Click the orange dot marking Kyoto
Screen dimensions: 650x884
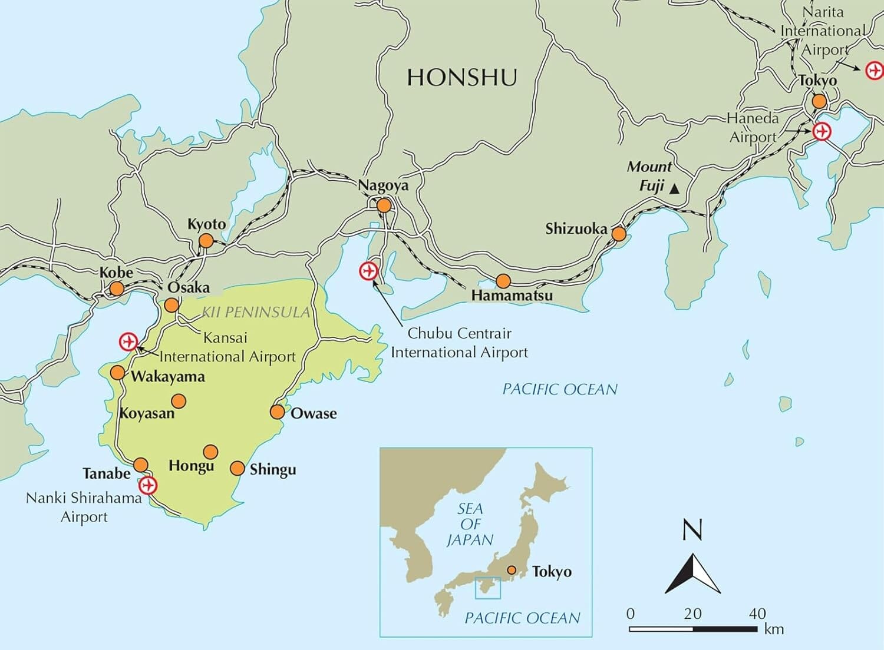(x=206, y=241)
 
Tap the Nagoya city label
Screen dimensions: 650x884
(x=383, y=185)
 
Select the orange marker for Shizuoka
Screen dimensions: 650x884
(x=618, y=234)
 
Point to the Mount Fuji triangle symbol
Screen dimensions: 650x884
(x=675, y=189)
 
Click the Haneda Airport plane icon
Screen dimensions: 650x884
(x=821, y=131)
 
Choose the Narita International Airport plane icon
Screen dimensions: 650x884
(x=874, y=71)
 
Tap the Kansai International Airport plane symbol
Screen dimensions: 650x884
(x=128, y=341)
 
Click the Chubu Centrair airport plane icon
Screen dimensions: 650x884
(x=368, y=271)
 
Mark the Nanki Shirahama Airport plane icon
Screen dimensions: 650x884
(x=147, y=486)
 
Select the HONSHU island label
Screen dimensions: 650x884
(x=462, y=78)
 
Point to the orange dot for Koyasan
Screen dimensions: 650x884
(x=179, y=402)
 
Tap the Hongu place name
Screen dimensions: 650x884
(x=191, y=466)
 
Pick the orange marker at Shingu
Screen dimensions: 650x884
(x=237, y=469)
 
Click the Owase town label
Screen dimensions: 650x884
(x=314, y=413)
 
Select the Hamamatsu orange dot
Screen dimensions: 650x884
(x=503, y=281)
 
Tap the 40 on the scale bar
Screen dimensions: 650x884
(x=757, y=613)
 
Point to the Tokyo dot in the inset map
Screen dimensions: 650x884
(x=512, y=570)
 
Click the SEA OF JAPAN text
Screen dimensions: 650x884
(x=470, y=524)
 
